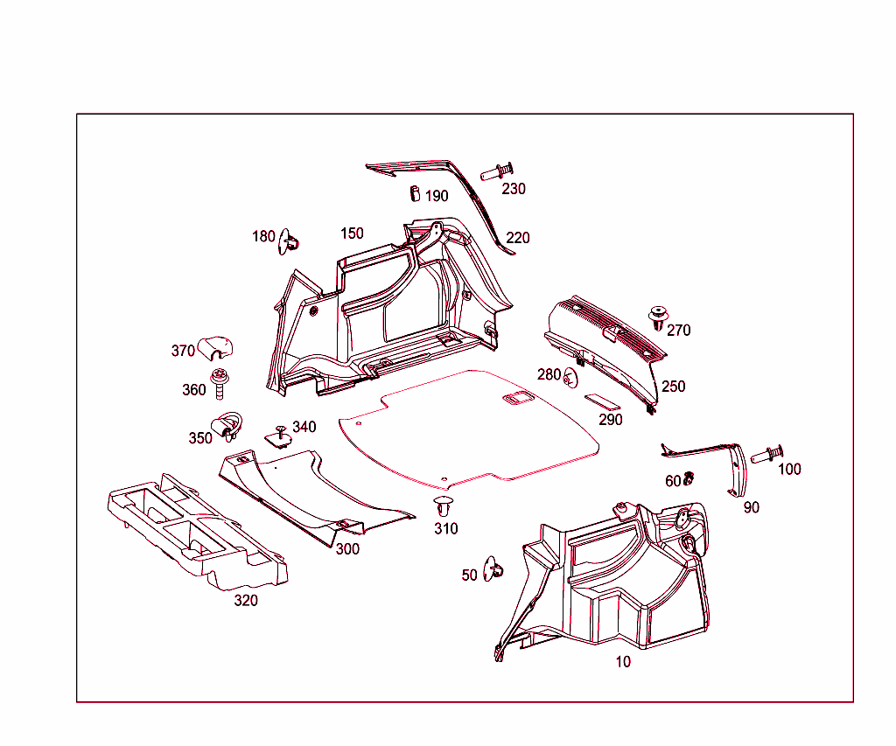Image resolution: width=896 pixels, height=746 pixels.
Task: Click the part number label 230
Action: (514, 189)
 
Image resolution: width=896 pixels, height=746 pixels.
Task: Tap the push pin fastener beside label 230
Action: (497, 170)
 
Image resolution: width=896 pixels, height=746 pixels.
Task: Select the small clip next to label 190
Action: (415, 192)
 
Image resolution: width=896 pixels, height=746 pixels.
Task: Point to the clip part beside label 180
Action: (290, 241)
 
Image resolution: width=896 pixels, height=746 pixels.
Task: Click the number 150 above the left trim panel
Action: (352, 234)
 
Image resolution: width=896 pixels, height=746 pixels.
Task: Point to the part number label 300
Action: (347, 549)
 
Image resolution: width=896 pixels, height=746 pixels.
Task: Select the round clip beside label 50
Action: (494, 568)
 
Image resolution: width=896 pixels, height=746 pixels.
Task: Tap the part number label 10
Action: (622, 662)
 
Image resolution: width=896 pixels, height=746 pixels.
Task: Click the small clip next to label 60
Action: (689, 478)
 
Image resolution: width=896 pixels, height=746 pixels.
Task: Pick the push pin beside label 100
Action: (766, 455)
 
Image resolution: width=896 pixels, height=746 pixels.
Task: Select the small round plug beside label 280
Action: (571, 377)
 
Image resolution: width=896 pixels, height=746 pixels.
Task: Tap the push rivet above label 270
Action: (656, 317)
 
